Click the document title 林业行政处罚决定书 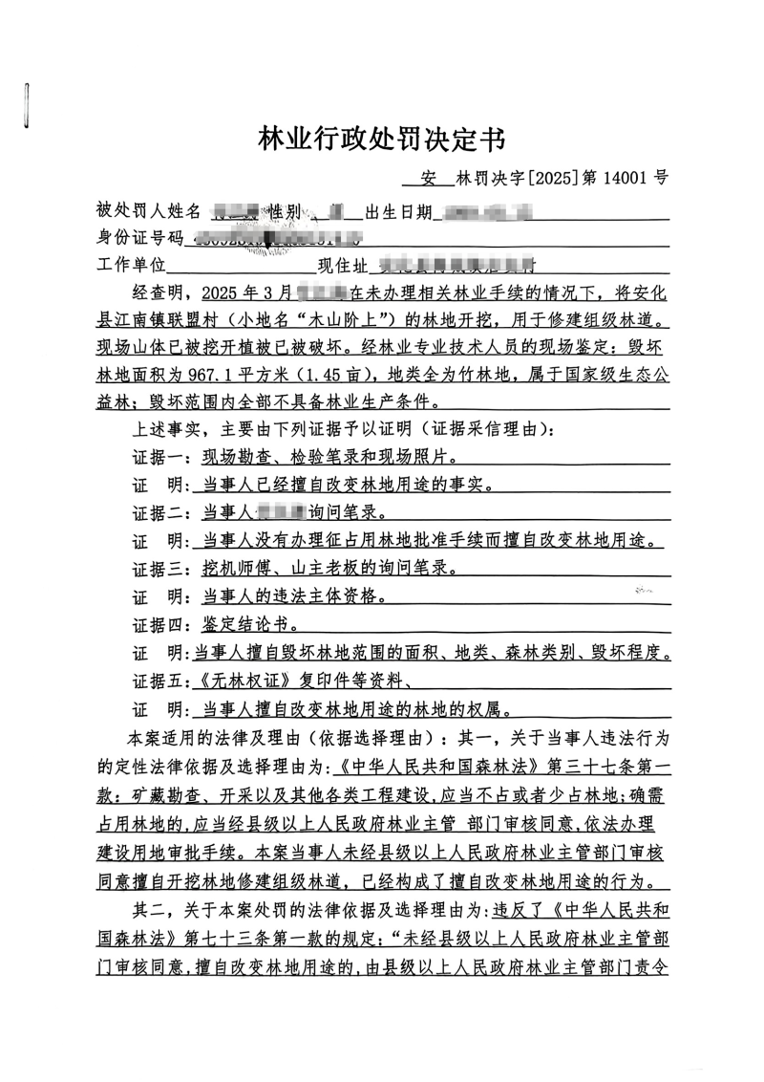point(381,140)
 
